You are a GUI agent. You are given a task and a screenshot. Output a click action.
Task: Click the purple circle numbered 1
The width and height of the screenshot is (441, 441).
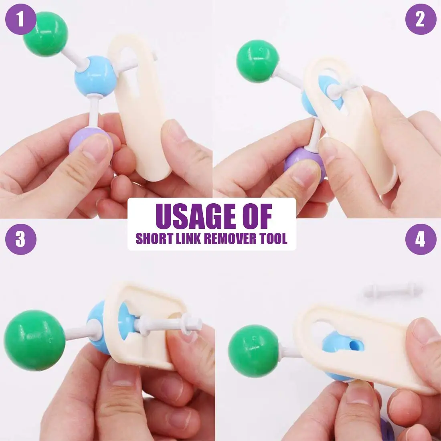(x=20, y=19)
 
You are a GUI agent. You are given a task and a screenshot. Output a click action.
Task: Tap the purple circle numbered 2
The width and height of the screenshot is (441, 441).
(x=420, y=19)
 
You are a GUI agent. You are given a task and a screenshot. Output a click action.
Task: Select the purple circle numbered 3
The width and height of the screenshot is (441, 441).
(x=20, y=239)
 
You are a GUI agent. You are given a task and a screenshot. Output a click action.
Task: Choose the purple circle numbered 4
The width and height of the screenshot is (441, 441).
(x=420, y=239)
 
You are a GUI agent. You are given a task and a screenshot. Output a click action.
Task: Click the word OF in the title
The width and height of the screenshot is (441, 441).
(x=257, y=216)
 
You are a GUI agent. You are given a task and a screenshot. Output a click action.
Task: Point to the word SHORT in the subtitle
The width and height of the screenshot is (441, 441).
(x=152, y=239)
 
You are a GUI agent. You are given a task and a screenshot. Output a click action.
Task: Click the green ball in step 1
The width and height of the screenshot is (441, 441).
(x=45, y=34)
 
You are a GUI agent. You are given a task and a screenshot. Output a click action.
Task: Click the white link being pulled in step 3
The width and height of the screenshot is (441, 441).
(x=168, y=323)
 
